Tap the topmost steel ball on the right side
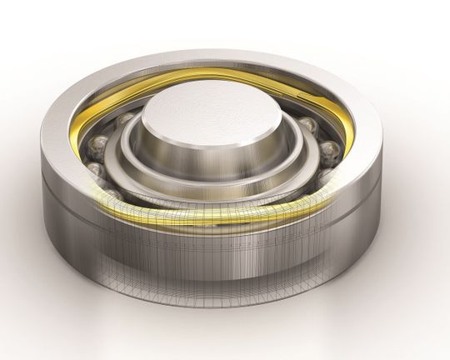[306, 126]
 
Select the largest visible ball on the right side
[330, 152]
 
